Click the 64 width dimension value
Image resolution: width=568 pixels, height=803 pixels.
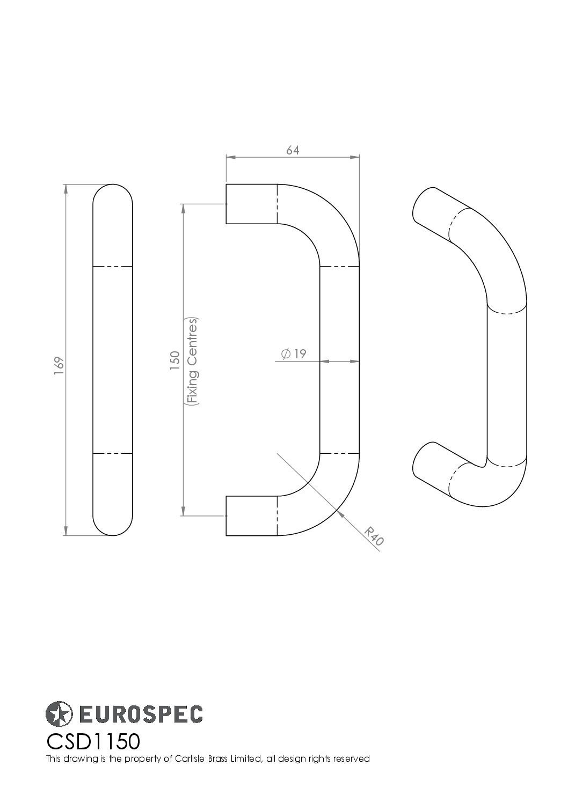tap(292, 151)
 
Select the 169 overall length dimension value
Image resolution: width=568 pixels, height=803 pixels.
tap(59, 362)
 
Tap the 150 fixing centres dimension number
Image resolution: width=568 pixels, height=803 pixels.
tap(175, 360)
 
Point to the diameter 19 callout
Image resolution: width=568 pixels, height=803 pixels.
tap(293, 353)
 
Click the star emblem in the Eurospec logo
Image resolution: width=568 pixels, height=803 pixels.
tap(59, 713)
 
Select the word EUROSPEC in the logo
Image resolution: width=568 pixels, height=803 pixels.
tap(141, 714)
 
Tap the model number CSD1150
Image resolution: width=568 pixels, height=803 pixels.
tap(93, 742)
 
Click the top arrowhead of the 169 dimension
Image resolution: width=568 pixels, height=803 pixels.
tap(65, 188)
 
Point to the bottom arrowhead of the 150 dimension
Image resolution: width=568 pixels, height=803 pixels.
tap(184, 511)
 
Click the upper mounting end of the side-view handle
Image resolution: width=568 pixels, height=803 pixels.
tap(250, 204)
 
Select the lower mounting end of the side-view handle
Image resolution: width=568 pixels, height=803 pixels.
tap(250, 515)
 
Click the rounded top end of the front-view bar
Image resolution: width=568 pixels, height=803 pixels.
tap(113, 196)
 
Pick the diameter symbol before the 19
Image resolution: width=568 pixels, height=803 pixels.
tap(286, 353)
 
